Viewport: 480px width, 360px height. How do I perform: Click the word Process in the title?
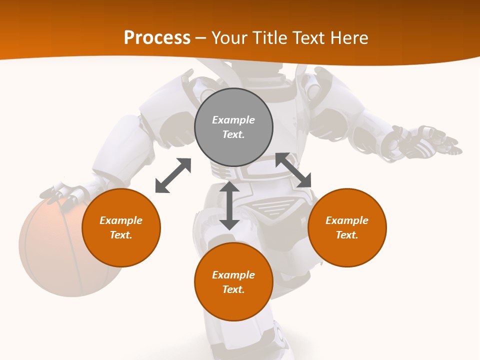157,38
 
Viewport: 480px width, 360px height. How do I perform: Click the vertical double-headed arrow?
229,206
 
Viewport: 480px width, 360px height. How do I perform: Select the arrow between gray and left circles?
173,175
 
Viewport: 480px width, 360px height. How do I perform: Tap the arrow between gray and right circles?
293,170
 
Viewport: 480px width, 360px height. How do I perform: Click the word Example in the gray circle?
233,120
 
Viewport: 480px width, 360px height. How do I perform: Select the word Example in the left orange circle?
121,220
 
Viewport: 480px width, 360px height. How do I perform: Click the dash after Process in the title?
200,38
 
